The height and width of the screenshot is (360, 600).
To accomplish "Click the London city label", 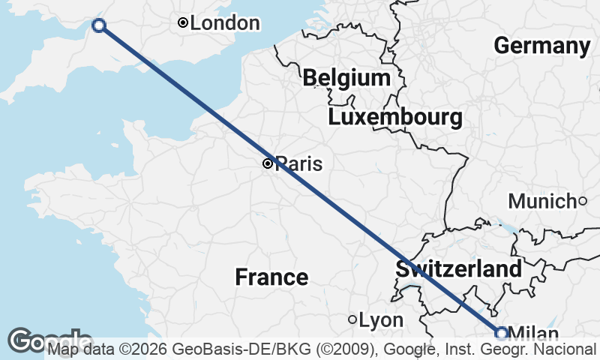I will pos(225,23).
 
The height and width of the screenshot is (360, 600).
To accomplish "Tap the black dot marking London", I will pos(182,23).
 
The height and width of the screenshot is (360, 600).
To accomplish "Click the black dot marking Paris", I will pos(268,163).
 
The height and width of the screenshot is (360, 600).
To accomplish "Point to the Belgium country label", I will pos(346,78).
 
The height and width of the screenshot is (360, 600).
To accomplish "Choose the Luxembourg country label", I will pos(394,118).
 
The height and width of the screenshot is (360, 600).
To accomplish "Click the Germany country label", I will pos(542,46).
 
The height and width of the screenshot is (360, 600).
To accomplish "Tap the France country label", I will pos(271,277).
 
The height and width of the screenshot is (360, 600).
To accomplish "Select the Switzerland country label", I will pos(459,269).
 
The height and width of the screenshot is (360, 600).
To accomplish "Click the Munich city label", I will pos(541,201).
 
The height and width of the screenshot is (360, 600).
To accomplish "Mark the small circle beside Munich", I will pos(582,200).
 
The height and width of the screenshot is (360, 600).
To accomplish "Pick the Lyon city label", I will pos(381,320).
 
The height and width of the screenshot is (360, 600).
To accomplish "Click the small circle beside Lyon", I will pos(352,319).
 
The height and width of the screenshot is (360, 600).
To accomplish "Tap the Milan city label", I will pos(533,334).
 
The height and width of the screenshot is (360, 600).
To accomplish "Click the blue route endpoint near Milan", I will pos(501,333).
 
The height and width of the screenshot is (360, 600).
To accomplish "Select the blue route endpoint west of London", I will pos(98,25).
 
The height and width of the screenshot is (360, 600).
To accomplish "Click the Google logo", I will pos(49,340).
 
